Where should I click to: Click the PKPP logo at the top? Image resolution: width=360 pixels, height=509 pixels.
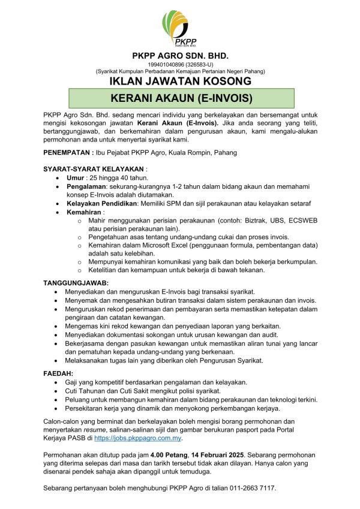179,29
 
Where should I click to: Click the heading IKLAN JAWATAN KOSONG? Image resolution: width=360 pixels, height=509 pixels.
180,81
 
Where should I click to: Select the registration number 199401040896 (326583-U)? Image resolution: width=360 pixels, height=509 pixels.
180,64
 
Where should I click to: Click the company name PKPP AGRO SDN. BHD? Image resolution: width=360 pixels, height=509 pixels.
180,56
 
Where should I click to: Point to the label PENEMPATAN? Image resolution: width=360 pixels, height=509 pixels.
68,153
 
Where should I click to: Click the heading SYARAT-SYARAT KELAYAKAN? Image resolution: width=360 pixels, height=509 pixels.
93,170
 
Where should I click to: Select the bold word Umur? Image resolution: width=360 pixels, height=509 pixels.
75,178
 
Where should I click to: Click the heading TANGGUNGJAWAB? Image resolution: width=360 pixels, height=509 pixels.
76,282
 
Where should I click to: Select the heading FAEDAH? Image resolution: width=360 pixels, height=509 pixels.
58,373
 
